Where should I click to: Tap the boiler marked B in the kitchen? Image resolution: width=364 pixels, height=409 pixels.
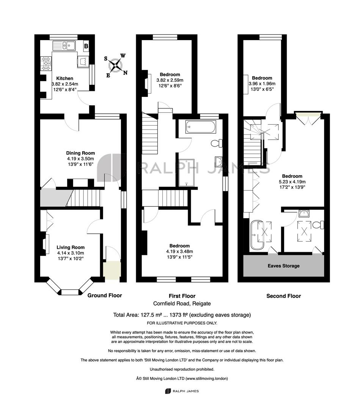(86, 46)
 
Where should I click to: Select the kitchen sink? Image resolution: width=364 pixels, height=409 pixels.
(64, 46)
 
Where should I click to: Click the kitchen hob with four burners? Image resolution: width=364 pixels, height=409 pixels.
(46, 64)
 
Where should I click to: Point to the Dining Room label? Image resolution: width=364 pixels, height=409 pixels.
(80, 153)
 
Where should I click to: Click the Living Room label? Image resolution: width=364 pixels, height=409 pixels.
(71, 247)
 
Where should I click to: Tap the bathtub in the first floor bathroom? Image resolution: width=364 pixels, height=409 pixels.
(201, 127)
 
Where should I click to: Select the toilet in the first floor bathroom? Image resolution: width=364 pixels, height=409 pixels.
(217, 143)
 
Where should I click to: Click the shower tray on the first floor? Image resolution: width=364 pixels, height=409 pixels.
(187, 173)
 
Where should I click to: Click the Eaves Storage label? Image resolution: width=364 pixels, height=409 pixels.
(284, 266)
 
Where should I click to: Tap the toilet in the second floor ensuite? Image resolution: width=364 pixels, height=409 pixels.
(318, 225)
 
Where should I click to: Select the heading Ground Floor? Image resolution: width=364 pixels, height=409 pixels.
(105, 295)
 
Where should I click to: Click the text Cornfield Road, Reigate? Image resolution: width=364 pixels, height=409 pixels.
(182, 303)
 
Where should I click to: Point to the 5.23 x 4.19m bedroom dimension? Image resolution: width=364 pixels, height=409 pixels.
(292, 181)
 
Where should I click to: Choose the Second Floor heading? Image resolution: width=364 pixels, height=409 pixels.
(284, 296)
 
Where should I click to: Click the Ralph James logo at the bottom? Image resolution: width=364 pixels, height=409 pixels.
(182, 391)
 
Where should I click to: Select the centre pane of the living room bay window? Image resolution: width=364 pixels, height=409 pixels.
(70, 292)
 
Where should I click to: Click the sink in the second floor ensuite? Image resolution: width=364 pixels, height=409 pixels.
(304, 213)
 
